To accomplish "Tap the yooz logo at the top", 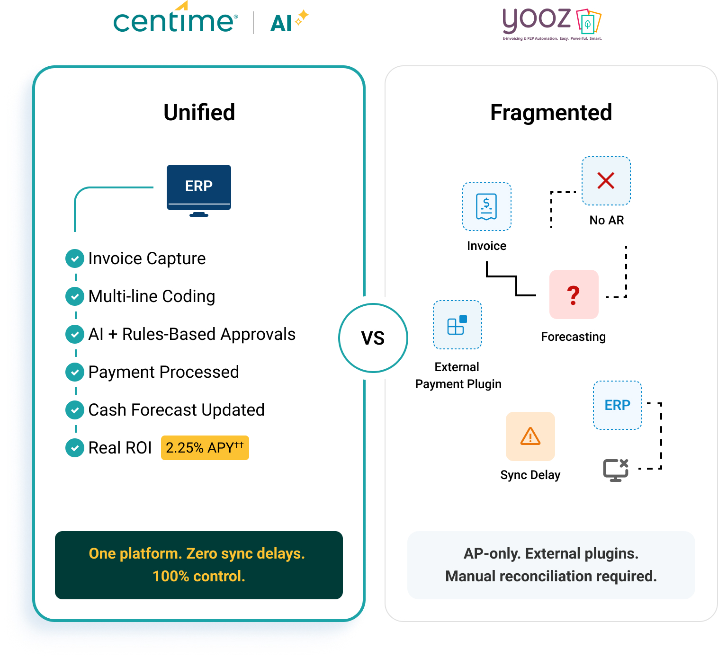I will (x=551, y=23).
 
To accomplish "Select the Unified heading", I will (x=199, y=113).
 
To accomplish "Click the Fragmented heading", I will (x=551, y=113).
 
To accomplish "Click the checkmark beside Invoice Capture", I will (x=75, y=258).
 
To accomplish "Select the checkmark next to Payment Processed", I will (x=75, y=372).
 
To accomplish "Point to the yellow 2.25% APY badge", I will (x=205, y=448).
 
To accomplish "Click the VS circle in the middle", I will (x=373, y=338).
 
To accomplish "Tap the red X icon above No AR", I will (x=606, y=181).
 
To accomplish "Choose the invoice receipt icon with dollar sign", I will (x=486, y=206).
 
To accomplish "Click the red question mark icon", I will (x=574, y=294).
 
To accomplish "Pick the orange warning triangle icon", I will (x=530, y=436).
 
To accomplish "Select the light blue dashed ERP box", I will (x=617, y=405).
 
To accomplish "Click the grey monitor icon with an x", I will (x=615, y=470).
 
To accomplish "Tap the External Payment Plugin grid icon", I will (x=457, y=325).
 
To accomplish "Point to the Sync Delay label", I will (x=530, y=475).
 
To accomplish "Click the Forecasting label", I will (x=573, y=337).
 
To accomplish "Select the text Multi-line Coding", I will (x=152, y=296).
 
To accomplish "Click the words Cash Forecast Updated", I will (x=176, y=410).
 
